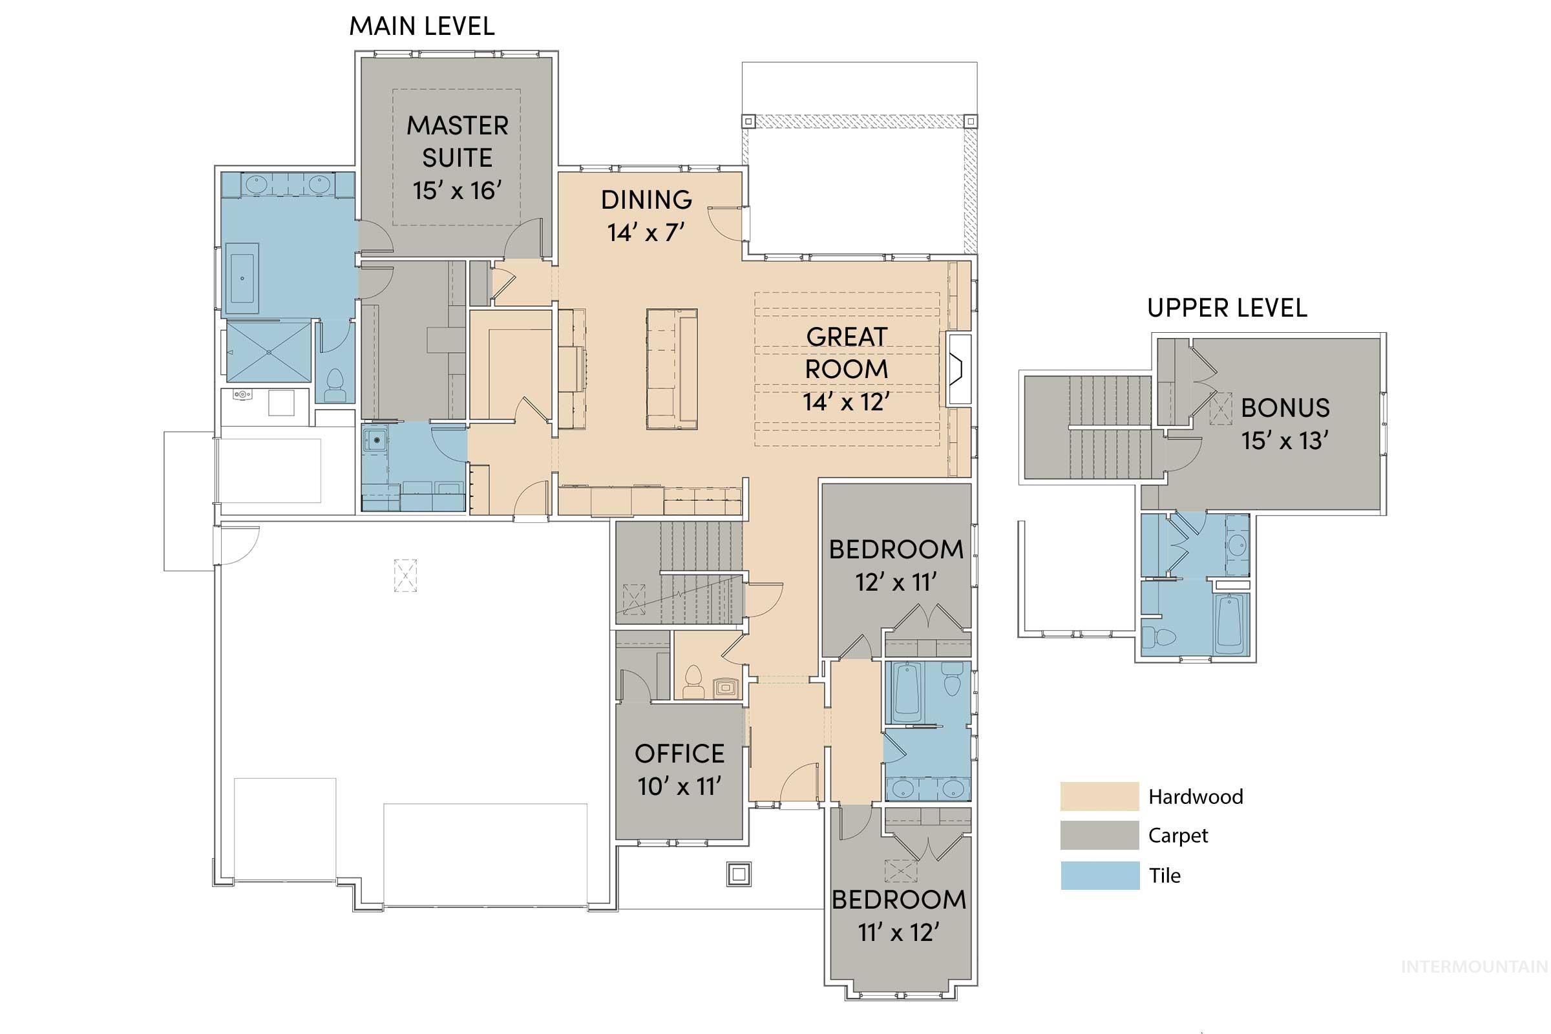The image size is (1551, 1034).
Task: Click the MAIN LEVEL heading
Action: pos(421,26)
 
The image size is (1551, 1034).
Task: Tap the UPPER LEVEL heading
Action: pos(1227,308)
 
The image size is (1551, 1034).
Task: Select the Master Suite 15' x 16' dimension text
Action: pos(457,191)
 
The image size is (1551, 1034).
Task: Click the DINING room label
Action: pos(646,200)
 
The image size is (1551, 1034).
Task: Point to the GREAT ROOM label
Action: pos(846,353)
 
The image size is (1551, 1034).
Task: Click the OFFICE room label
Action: pos(679,754)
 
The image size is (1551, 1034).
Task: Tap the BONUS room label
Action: pos(1285,408)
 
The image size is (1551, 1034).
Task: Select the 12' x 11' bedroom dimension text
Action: pos(896,582)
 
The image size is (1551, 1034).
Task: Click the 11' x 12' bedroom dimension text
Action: pos(898,933)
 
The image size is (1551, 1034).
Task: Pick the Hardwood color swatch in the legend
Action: pos(1099,796)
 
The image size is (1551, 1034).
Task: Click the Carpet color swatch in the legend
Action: pos(1099,835)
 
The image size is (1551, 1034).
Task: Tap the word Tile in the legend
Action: pos(1165,876)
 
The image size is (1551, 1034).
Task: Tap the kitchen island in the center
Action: pos(671,369)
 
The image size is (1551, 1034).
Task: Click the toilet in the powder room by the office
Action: pos(693,682)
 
